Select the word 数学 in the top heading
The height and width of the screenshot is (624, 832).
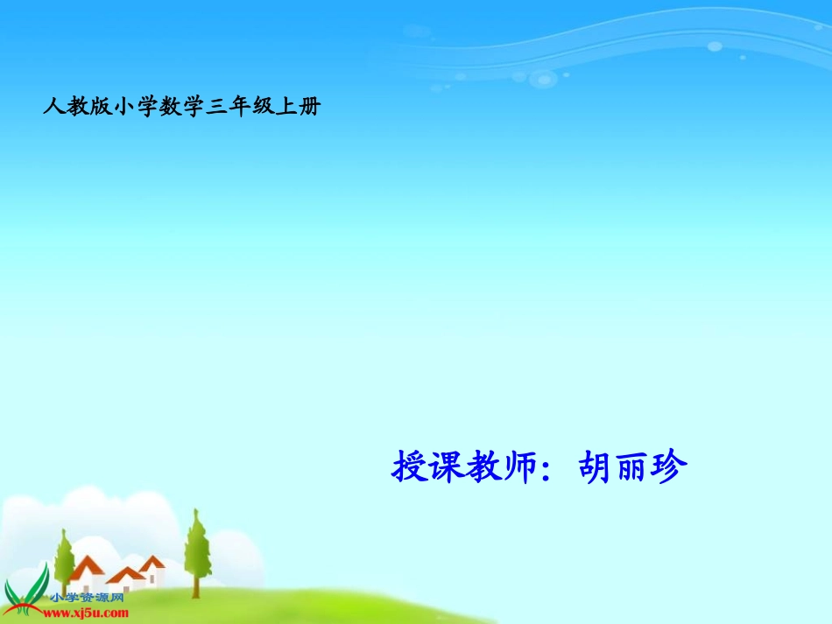(181, 108)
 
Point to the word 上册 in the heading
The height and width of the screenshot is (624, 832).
(299, 108)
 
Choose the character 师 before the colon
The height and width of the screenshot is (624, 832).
(517, 466)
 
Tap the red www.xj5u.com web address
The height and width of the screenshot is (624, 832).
(86, 613)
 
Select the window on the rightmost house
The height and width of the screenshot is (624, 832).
(152, 577)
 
